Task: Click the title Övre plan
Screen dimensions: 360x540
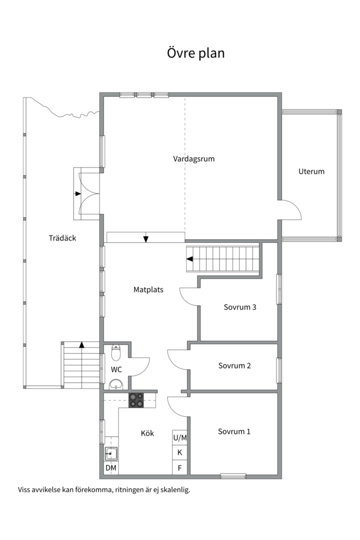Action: (195, 53)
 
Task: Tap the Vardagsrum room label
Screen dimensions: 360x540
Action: (193, 159)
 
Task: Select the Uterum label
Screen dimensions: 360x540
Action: (311, 171)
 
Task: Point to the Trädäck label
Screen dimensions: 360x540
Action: (62, 237)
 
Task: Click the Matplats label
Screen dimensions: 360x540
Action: (148, 289)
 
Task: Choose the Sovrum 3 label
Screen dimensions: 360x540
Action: (240, 307)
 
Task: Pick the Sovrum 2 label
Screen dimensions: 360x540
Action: (234, 365)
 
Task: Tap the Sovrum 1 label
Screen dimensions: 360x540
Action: (234, 431)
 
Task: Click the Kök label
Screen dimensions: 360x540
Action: (147, 433)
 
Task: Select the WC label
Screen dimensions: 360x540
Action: (116, 369)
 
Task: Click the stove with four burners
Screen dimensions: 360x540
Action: (136, 400)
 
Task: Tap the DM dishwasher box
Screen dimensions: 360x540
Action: (111, 468)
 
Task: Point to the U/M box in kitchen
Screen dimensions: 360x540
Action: (180, 437)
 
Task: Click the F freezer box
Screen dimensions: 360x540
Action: (180, 467)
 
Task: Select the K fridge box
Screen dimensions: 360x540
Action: (180, 452)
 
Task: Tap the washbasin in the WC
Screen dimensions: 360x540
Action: (116, 384)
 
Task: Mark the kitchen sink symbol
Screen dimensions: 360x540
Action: (111, 454)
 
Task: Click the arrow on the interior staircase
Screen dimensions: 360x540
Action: (189, 259)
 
